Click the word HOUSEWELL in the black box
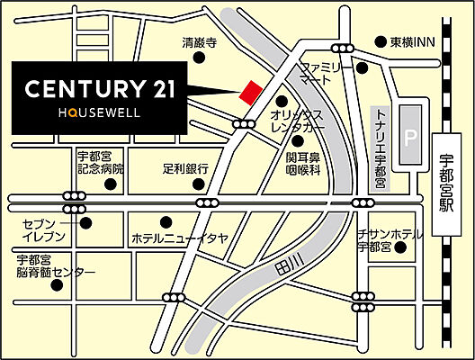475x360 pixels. click(98, 115)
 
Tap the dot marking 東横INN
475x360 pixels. click(380, 41)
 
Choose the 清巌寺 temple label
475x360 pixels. click(201, 42)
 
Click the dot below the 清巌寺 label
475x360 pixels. click(201, 58)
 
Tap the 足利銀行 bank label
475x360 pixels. click(185, 168)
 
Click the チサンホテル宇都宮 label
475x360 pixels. click(389, 239)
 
